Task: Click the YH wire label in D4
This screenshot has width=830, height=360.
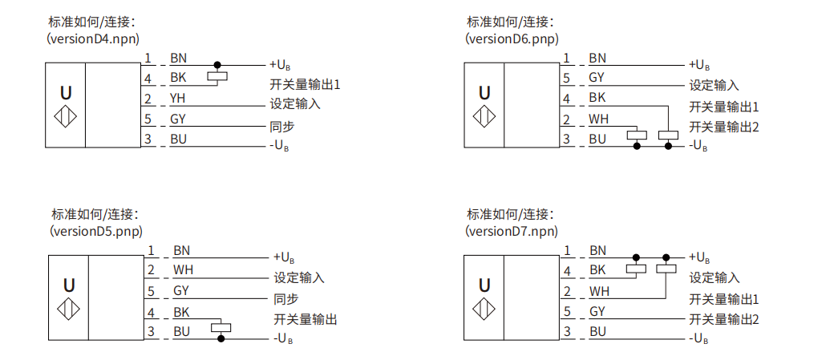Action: (177, 99)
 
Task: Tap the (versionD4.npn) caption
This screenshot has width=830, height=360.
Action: (94, 38)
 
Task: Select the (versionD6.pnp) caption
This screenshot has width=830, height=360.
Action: (512, 38)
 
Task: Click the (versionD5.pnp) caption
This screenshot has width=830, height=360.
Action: (97, 232)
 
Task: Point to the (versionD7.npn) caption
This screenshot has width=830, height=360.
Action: (512, 232)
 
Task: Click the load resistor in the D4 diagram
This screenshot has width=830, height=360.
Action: (217, 77)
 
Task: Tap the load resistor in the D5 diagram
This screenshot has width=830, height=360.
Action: (221, 327)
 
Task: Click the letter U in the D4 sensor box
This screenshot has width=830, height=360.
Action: (66, 93)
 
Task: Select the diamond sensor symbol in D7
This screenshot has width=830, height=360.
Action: (484, 309)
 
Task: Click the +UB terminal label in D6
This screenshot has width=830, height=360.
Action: (699, 65)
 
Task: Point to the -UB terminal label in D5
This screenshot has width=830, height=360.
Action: (283, 338)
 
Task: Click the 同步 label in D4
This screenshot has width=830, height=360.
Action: (282, 127)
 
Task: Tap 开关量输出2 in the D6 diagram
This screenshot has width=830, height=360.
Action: (724, 127)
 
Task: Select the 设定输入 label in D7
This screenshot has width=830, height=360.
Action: (715, 278)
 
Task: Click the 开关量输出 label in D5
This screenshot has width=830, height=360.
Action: (306, 319)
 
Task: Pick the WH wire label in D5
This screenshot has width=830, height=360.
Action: (183, 270)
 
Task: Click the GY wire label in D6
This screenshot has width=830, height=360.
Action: (597, 77)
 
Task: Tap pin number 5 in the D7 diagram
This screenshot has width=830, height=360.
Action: (568, 311)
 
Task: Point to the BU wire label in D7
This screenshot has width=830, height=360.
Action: (597, 332)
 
